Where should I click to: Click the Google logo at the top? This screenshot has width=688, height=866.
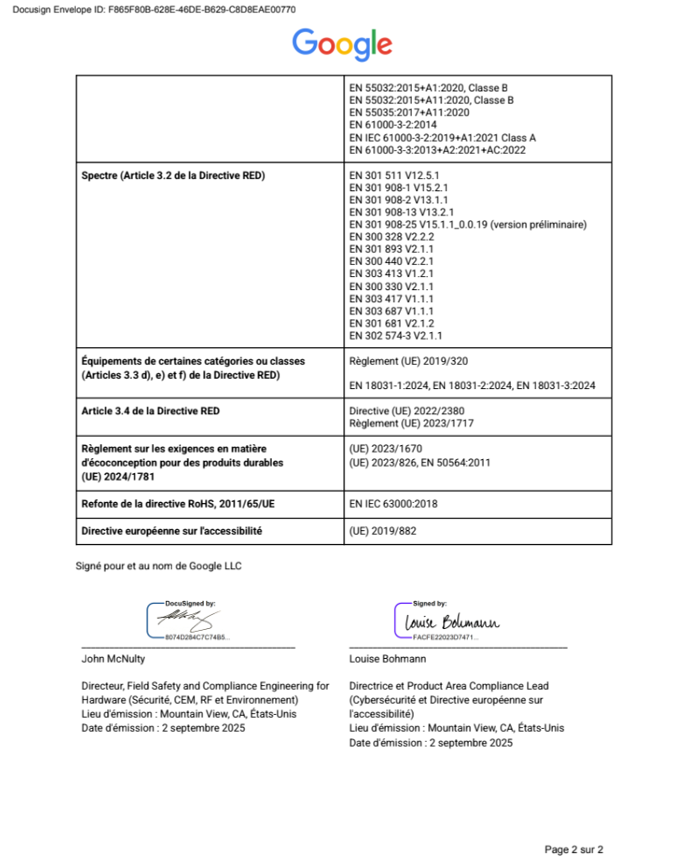tap(342, 45)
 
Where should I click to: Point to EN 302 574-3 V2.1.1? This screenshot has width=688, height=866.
tap(395, 335)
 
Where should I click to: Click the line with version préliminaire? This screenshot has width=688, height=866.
tap(468, 225)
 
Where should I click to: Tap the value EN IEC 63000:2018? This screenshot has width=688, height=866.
tap(393, 504)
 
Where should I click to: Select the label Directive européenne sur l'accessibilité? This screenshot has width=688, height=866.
tap(172, 531)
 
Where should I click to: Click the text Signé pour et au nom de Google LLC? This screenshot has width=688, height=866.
tap(159, 566)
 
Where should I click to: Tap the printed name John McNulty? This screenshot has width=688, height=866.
tap(113, 658)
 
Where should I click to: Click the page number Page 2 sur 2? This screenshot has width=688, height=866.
tap(573, 849)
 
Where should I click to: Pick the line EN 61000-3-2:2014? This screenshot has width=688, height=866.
tap(392, 124)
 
